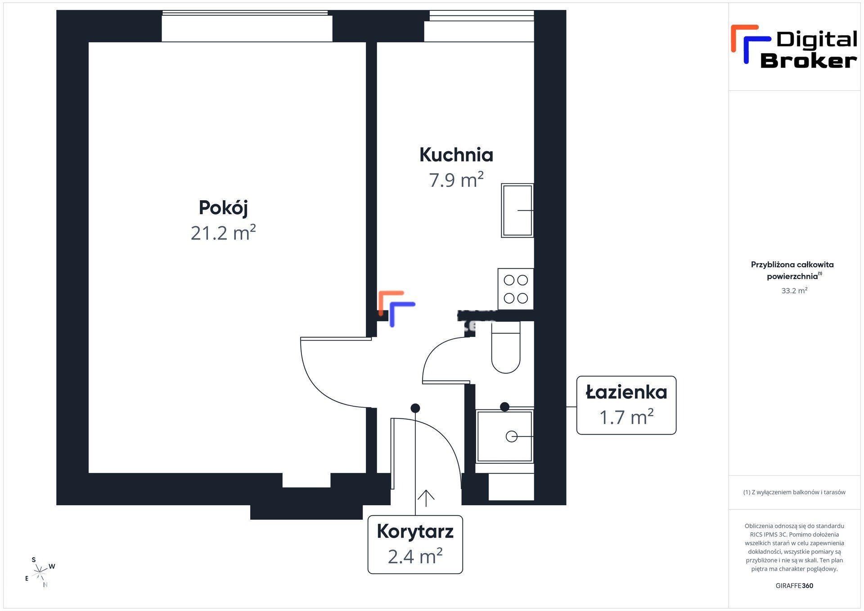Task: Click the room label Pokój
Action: tap(223, 208)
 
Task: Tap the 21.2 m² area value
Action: tap(223, 233)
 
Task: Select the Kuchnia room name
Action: tap(456, 155)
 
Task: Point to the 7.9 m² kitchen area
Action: tap(456, 180)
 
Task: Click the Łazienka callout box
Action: tap(626, 405)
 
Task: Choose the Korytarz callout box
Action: tap(415, 544)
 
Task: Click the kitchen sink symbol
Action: tap(517, 210)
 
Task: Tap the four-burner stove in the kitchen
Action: tap(516, 289)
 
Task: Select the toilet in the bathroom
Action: tap(506, 347)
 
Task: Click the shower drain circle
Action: tap(511, 436)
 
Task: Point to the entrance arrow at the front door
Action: tap(426, 498)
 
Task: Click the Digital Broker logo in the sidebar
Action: tap(794, 47)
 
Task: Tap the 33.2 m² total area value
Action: tap(794, 291)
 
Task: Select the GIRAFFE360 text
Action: tap(794, 585)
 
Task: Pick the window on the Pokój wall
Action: tap(247, 26)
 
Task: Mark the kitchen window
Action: tap(479, 26)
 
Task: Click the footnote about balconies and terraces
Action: tap(794, 492)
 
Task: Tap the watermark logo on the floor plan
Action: tap(396, 308)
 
